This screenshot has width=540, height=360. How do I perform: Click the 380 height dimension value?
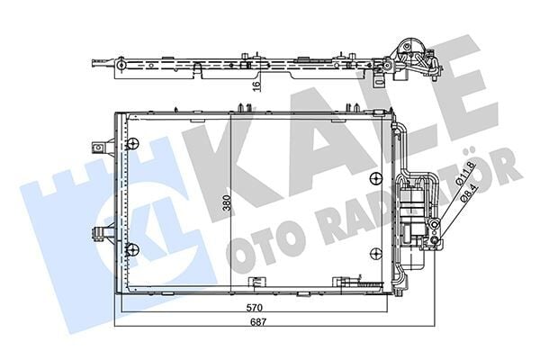click(x=228, y=204)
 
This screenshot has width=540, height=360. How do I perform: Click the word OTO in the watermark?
click(x=261, y=247)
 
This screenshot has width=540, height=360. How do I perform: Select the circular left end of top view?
click(x=95, y=64)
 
